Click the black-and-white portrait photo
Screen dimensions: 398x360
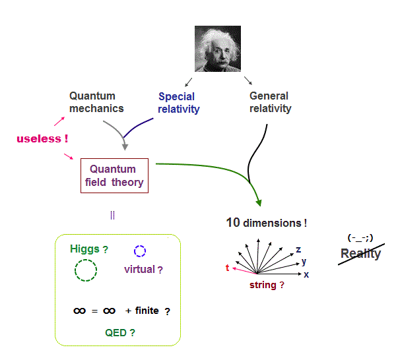coord(218,49)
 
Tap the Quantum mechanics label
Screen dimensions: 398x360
coord(96,102)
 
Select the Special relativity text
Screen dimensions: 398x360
coord(179,103)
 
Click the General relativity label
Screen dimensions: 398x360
coord(271,102)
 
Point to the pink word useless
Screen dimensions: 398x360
coord(39,138)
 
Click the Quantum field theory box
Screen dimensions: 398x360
coord(114,175)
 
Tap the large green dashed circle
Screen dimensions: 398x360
coord(75,270)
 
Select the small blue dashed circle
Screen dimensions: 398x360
coord(134,251)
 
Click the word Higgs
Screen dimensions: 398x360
coord(84,249)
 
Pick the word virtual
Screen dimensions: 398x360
coord(139,269)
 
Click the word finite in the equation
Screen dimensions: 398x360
coord(147,311)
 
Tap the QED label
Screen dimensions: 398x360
coord(116,332)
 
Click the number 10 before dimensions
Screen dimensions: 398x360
coord(233,223)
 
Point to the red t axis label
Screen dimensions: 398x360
coord(228,268)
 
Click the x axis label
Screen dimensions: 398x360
coord(306,275)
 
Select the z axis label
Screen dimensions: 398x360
coord(298,250)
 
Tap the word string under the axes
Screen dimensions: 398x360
coord(263,285)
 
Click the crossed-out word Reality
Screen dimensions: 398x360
coord(360,254)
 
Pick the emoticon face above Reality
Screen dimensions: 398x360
coord(360,238)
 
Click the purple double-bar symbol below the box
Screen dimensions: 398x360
coord(112,215)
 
